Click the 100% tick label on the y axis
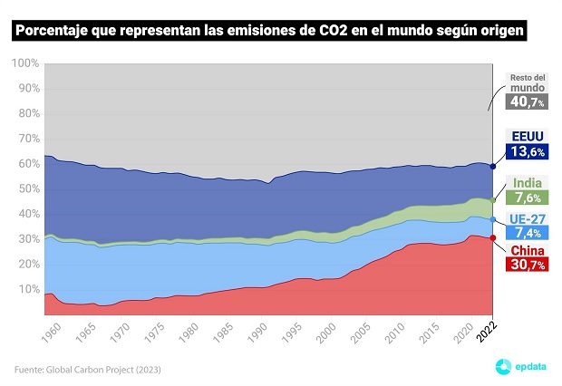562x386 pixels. click(24, 63)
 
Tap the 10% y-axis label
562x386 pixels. click(26, 290)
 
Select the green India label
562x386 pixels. click(528, 182)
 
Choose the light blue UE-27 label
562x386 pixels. click(528, 221)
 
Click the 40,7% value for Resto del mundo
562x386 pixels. click(528, 103)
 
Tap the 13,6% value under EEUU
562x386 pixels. click(528, 152)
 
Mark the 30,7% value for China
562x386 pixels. click(528, 265)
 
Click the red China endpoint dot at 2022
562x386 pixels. click(492, 238)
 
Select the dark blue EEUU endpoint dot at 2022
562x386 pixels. click(492, 166)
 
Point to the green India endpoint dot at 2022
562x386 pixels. click(492, 200)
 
